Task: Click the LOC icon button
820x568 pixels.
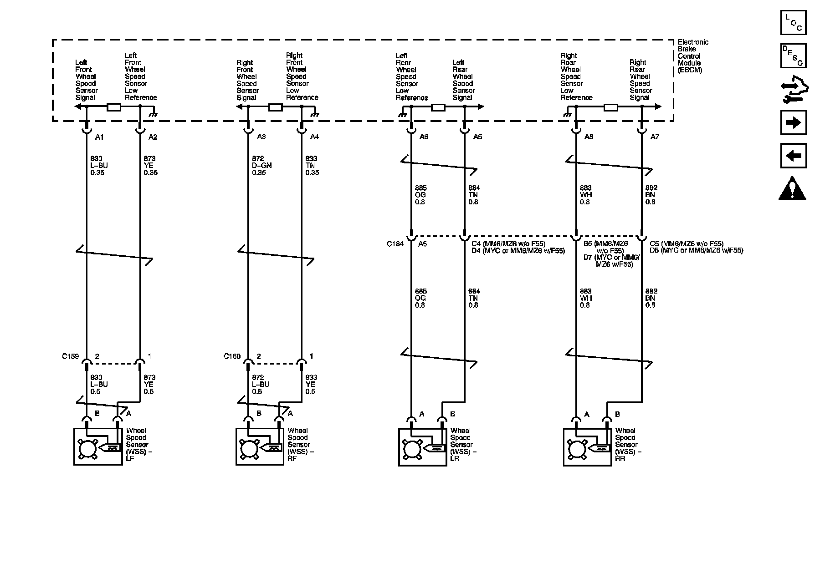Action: click(x=793, y=23)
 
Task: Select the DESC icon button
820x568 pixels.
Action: click(x=793, y=56)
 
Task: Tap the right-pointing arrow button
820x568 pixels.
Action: click(x=793, y=122)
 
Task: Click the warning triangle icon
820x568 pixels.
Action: click(x=793, y=188)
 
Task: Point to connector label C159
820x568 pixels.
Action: click(x=71, y=356)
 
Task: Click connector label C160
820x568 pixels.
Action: click(x=232, y=356)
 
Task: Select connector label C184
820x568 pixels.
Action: click(x=395, y=244)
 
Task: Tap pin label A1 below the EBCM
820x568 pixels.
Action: click(x=99, y=137)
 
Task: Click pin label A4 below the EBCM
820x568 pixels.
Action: click(x=314, y=137)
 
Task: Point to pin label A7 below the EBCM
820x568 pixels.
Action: click(x=654, y=137)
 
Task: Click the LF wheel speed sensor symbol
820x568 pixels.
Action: click(x=98, y=446)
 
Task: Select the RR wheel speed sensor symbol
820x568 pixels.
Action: click(x=587, y=446)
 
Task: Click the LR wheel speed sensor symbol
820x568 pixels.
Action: click(x=422, y=446)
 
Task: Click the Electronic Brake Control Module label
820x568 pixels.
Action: click(x=693, y=56)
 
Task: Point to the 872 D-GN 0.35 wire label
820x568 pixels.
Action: click(x=261, y=166)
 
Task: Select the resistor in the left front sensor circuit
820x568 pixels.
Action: click(x=113, y=107)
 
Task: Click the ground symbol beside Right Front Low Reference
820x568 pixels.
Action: click(x=314, y=114)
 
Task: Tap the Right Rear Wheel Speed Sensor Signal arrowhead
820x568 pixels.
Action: click(x=658, y=107)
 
